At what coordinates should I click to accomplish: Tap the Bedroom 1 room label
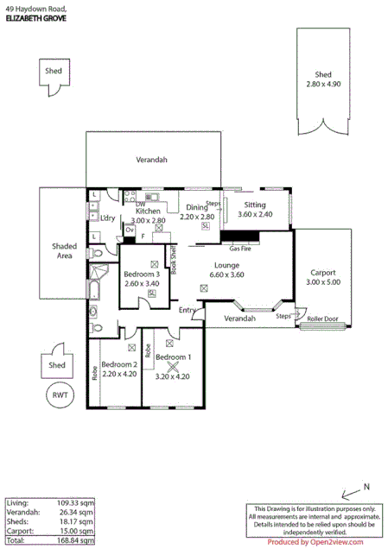[x=173, y=357]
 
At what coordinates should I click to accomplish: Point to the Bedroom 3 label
[x=142, y=274]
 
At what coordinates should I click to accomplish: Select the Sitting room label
[x=255, y=205]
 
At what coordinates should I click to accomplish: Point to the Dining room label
[x=196, y=207]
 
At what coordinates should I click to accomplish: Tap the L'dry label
[x=108, y=218]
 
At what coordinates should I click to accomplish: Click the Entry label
[x=188, y=310]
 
